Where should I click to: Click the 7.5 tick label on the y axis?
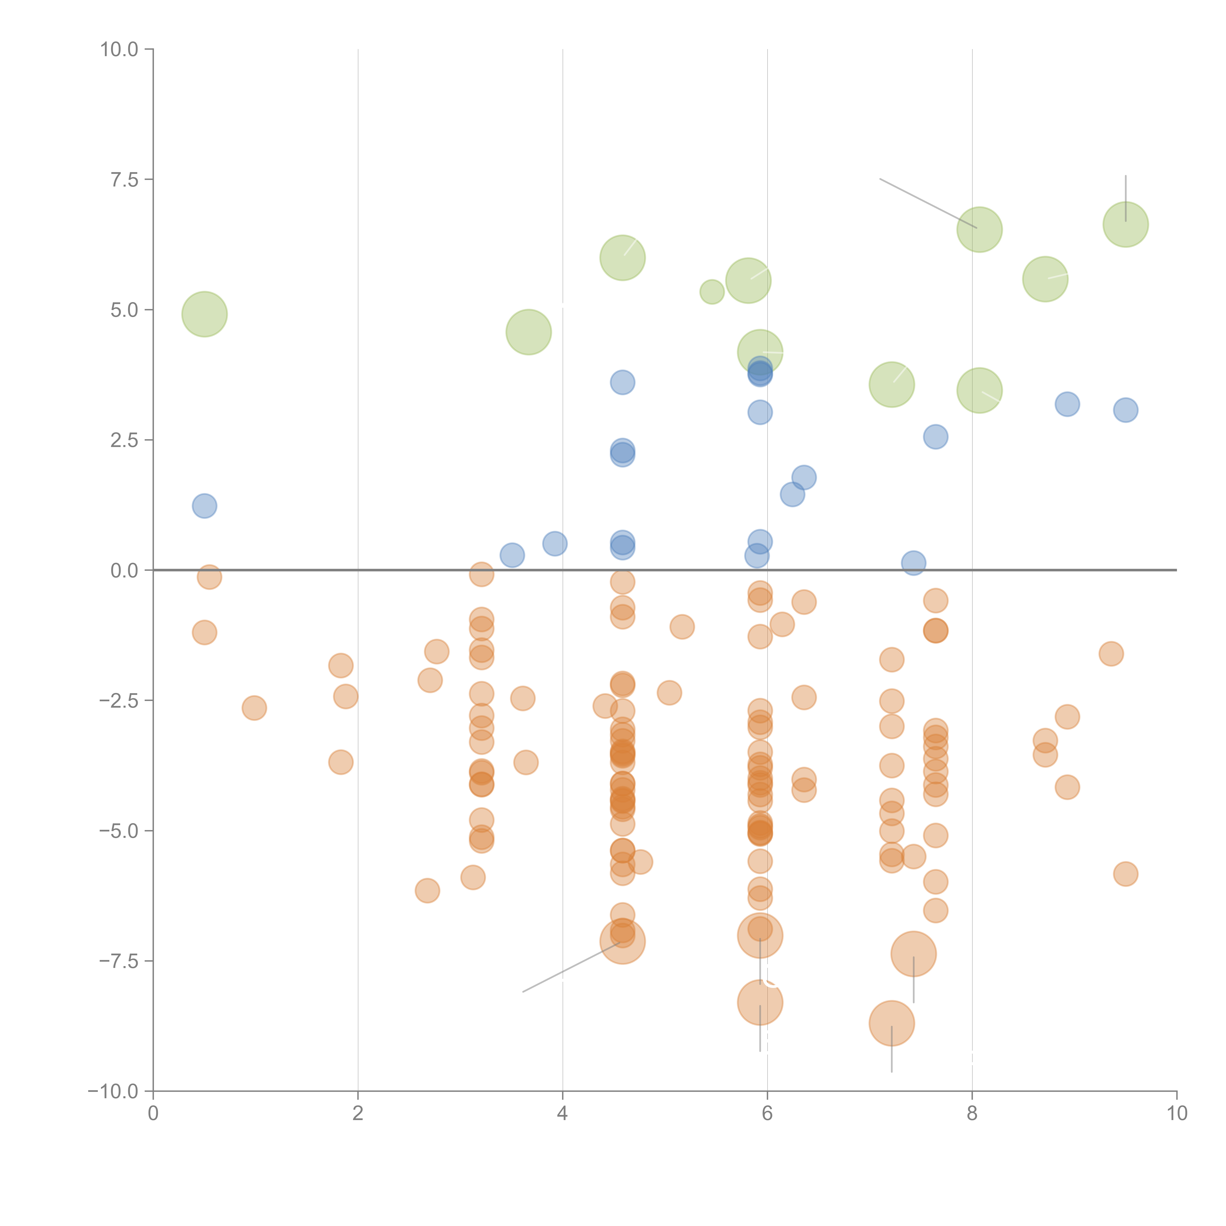124,179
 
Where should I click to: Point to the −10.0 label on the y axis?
113,1091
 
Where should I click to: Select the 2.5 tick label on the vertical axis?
124,440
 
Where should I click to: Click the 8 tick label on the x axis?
972,1114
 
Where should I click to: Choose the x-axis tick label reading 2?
358,1114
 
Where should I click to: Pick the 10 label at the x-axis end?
1176,1114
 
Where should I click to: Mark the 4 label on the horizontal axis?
562,1114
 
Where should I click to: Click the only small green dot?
712,292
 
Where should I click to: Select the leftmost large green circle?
204,314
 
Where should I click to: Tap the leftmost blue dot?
204,506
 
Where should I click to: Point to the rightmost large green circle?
1126,224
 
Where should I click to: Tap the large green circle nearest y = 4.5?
529,332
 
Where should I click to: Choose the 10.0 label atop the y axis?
119,50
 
